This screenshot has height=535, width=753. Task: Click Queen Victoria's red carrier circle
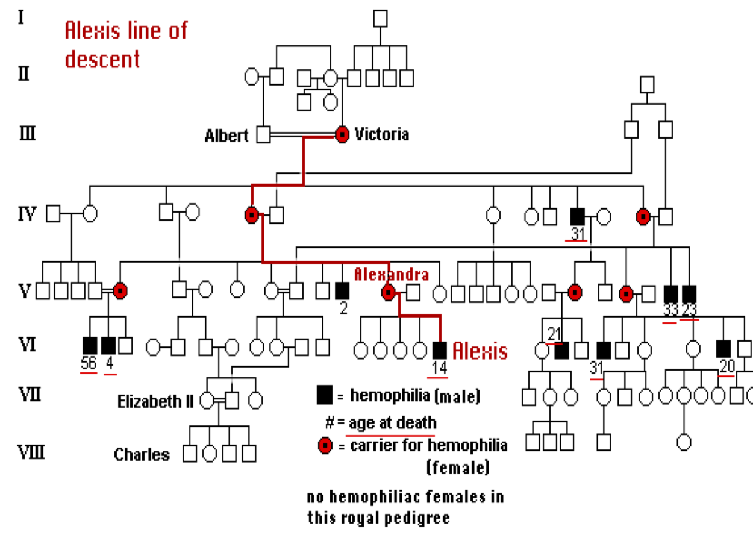point(342,135)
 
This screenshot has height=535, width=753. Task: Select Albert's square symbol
point(263,135)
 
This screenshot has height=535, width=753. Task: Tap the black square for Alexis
point(440,349)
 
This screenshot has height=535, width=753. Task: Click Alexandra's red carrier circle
point(389,293)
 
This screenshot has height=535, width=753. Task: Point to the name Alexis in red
point(480,351)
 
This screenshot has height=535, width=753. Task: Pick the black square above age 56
point(90,345)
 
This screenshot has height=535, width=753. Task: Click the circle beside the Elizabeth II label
point(208,399)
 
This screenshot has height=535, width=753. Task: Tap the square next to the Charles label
point(190,454)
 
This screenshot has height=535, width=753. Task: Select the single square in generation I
point(380,19)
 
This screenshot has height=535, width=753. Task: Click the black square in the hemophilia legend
point(324,396)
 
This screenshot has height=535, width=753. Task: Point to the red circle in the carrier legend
point(325,446)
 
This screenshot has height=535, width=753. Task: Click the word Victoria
point(381,134)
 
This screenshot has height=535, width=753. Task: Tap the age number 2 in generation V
point(343,309)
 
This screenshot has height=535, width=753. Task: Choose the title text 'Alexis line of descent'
point(126,44)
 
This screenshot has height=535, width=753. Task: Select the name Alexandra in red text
point(391,275)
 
